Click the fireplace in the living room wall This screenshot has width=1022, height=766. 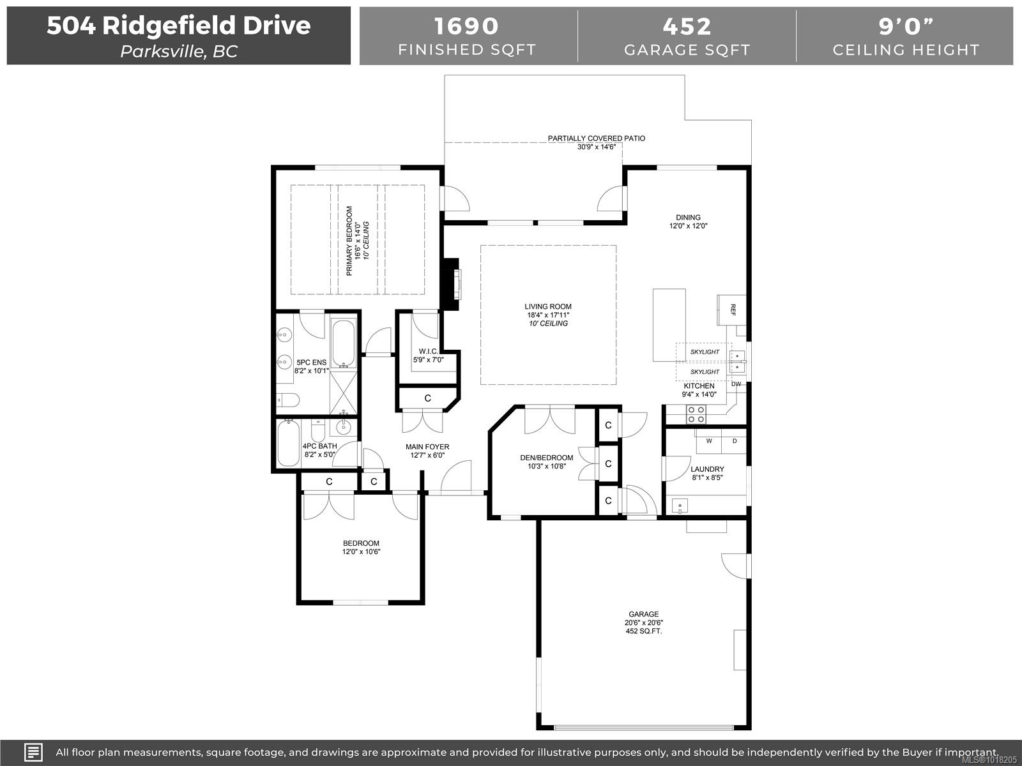pyautogui.click(x=451, y=284)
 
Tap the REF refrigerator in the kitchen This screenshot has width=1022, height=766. pyautogui.click(x=731, y=310)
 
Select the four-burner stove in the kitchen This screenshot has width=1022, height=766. pyautogui.click(x=696, y=414)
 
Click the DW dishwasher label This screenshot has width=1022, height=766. pyautogui.click(x=736, y=384)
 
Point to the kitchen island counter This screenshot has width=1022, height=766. pyautogui.click(x=669, y=325)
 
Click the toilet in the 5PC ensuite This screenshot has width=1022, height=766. pyautogui.click(x=287, y=400)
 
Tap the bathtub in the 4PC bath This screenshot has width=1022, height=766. pyautogui.click(x=288, y=442)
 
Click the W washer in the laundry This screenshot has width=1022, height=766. pyautogui.click(x=709, y=441)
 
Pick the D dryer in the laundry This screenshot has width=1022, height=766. pyautogui.click(x=735, y=441)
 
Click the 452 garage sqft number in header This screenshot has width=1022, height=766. pyautogui.click(x=687, y=27)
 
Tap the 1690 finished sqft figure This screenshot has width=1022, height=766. pyautogui.click(x=466, y=27)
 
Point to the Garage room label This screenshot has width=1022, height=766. pyautogui.click(x=644, y=614)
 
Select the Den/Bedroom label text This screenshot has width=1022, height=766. pyautogui.click(x=547, y=458)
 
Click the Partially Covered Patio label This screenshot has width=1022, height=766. pyautogui.click(x=597, y=138)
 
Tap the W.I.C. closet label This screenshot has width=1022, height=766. pyautogui.click(x=429, y=351)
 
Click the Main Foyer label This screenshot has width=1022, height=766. pyautogui.click(x=427, y=447)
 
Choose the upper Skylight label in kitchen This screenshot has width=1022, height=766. pyautogui.click(x=705, y=352)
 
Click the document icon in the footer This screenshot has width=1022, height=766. pyautogui.click(x=33, y=752)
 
